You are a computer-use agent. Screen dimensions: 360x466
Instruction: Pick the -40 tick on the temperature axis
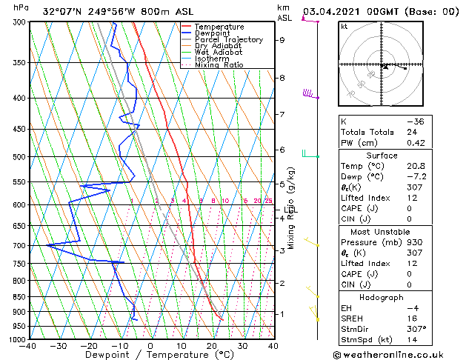point(28,346)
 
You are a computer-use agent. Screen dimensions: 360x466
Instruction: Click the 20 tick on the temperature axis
point(212,346)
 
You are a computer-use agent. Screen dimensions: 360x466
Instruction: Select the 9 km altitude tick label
point(282,40)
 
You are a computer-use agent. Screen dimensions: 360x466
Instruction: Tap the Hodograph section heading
point(382,297)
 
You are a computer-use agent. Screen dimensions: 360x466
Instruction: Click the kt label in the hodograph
point(344,26)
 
